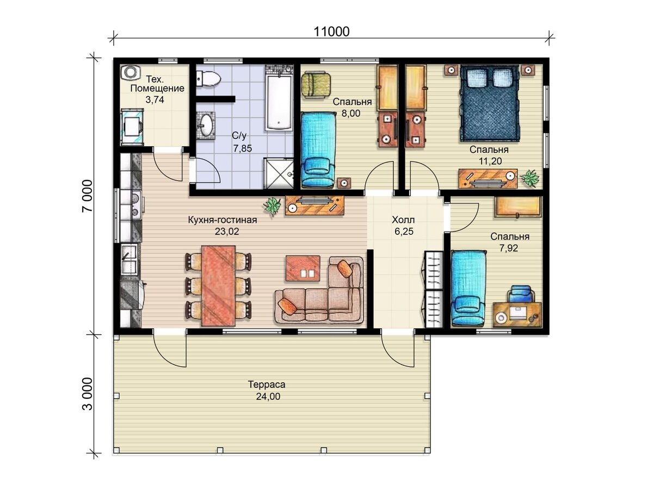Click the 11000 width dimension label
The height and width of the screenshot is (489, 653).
(x=331, y=32)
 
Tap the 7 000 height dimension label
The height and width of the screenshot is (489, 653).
(x=88, y=196)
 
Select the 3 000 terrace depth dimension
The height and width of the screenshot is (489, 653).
(x=88, y=394)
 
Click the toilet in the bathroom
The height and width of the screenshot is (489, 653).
(x=208, y=79)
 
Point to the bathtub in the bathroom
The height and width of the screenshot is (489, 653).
(x=278, y=103)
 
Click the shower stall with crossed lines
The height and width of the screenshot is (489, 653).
(x=279, y=173)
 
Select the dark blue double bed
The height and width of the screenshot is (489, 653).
(x=489, y=103)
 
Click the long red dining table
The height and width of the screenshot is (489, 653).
(x=219, y=286)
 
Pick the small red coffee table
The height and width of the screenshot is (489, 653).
(x=303, y=268)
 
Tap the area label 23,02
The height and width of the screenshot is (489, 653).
(x=227, y=231)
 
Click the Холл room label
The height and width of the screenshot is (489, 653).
(x=403, y=220)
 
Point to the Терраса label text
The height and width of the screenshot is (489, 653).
(x=267, y=385)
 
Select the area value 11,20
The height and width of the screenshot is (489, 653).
(x=490, y=161)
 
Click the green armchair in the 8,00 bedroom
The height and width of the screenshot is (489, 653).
(x=316, y=85)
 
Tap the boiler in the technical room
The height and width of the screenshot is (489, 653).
(x=130, y=72)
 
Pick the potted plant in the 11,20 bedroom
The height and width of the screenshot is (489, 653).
(x=529, y=178)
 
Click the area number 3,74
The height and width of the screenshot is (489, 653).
(x=155, y=99)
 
